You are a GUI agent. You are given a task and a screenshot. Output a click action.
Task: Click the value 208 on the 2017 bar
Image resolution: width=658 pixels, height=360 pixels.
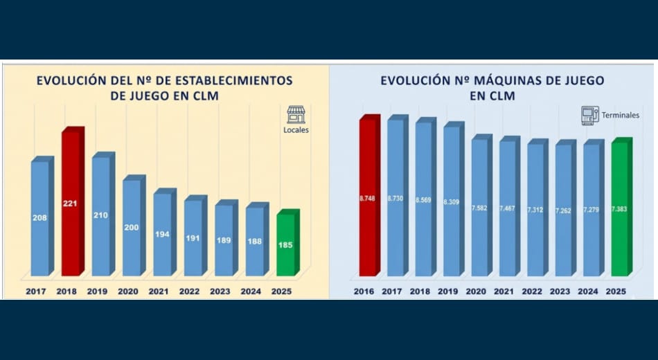coord(39,217)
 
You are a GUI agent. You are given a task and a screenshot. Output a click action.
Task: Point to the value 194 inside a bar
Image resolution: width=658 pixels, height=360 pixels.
coord(162,235)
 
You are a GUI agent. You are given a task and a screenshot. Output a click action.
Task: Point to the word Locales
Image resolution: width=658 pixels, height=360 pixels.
coord(296,129)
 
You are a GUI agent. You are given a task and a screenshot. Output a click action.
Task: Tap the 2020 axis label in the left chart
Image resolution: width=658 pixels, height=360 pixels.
coord(128,291)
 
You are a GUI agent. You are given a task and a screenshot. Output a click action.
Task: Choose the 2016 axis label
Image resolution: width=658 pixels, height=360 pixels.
coord(364,291)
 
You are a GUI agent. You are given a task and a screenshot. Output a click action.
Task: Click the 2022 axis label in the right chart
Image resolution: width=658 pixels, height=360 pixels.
coord(532,291)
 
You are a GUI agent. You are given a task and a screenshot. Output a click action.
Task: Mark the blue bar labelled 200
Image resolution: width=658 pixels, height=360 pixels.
coord(132,228)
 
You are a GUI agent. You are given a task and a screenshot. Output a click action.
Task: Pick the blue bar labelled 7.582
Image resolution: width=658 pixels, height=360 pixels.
coord(479,208)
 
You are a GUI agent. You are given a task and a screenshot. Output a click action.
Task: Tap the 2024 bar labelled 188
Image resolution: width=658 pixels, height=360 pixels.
coord(254,241)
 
